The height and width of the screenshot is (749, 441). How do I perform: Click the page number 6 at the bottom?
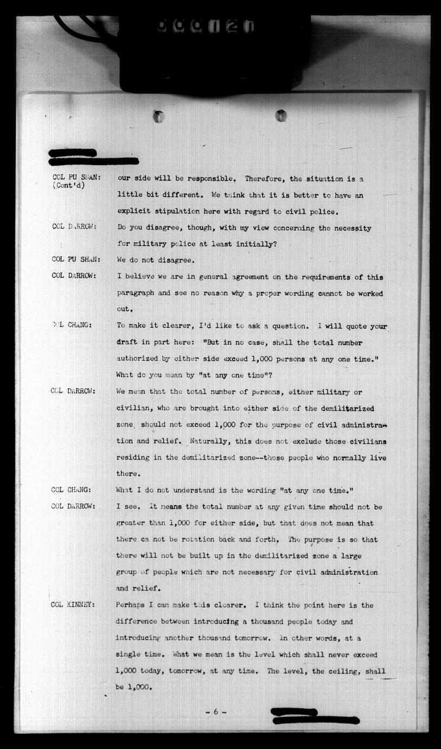215,712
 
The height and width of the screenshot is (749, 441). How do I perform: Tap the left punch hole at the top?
158,116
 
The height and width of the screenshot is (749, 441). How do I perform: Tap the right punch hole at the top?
280,115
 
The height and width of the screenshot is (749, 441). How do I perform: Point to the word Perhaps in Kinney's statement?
131,605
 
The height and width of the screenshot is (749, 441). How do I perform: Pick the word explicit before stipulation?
134,211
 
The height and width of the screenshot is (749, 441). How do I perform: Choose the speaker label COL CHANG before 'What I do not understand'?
72,490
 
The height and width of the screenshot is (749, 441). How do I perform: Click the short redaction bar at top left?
72,153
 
